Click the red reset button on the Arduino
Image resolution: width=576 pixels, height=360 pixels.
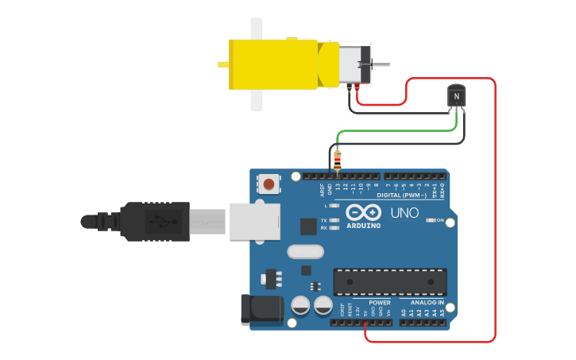tap(269, 184)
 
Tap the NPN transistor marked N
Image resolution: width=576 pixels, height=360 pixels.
tap(456, 96)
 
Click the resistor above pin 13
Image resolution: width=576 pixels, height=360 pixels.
tap(338, 161)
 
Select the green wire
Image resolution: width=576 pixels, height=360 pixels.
tap(397, 131)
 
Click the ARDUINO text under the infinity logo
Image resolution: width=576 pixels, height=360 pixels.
tap(363, 226)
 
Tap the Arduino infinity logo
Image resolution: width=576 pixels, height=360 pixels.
tap(363, 213)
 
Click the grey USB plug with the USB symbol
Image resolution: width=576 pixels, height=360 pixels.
tap(156, 221)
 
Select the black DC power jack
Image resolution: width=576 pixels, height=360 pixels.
tap(262, 309)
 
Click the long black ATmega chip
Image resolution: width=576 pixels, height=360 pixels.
tap(389, 282)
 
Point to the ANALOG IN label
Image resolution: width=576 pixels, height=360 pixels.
tap(427, 303)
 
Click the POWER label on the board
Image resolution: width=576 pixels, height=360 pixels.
tap(380, 303)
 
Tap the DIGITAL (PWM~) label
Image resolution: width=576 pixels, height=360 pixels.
tap(401, 195)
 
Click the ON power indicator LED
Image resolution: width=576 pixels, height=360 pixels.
tap(430, 219)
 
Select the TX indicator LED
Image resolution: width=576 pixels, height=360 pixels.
tap(334, 219)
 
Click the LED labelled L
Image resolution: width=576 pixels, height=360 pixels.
tap(334, 206)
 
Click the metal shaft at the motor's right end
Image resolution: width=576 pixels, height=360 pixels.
tap(381, 64)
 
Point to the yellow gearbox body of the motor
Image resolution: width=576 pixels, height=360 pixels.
tap(274, 64)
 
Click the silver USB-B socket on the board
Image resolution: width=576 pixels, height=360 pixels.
tap(255, 221)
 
